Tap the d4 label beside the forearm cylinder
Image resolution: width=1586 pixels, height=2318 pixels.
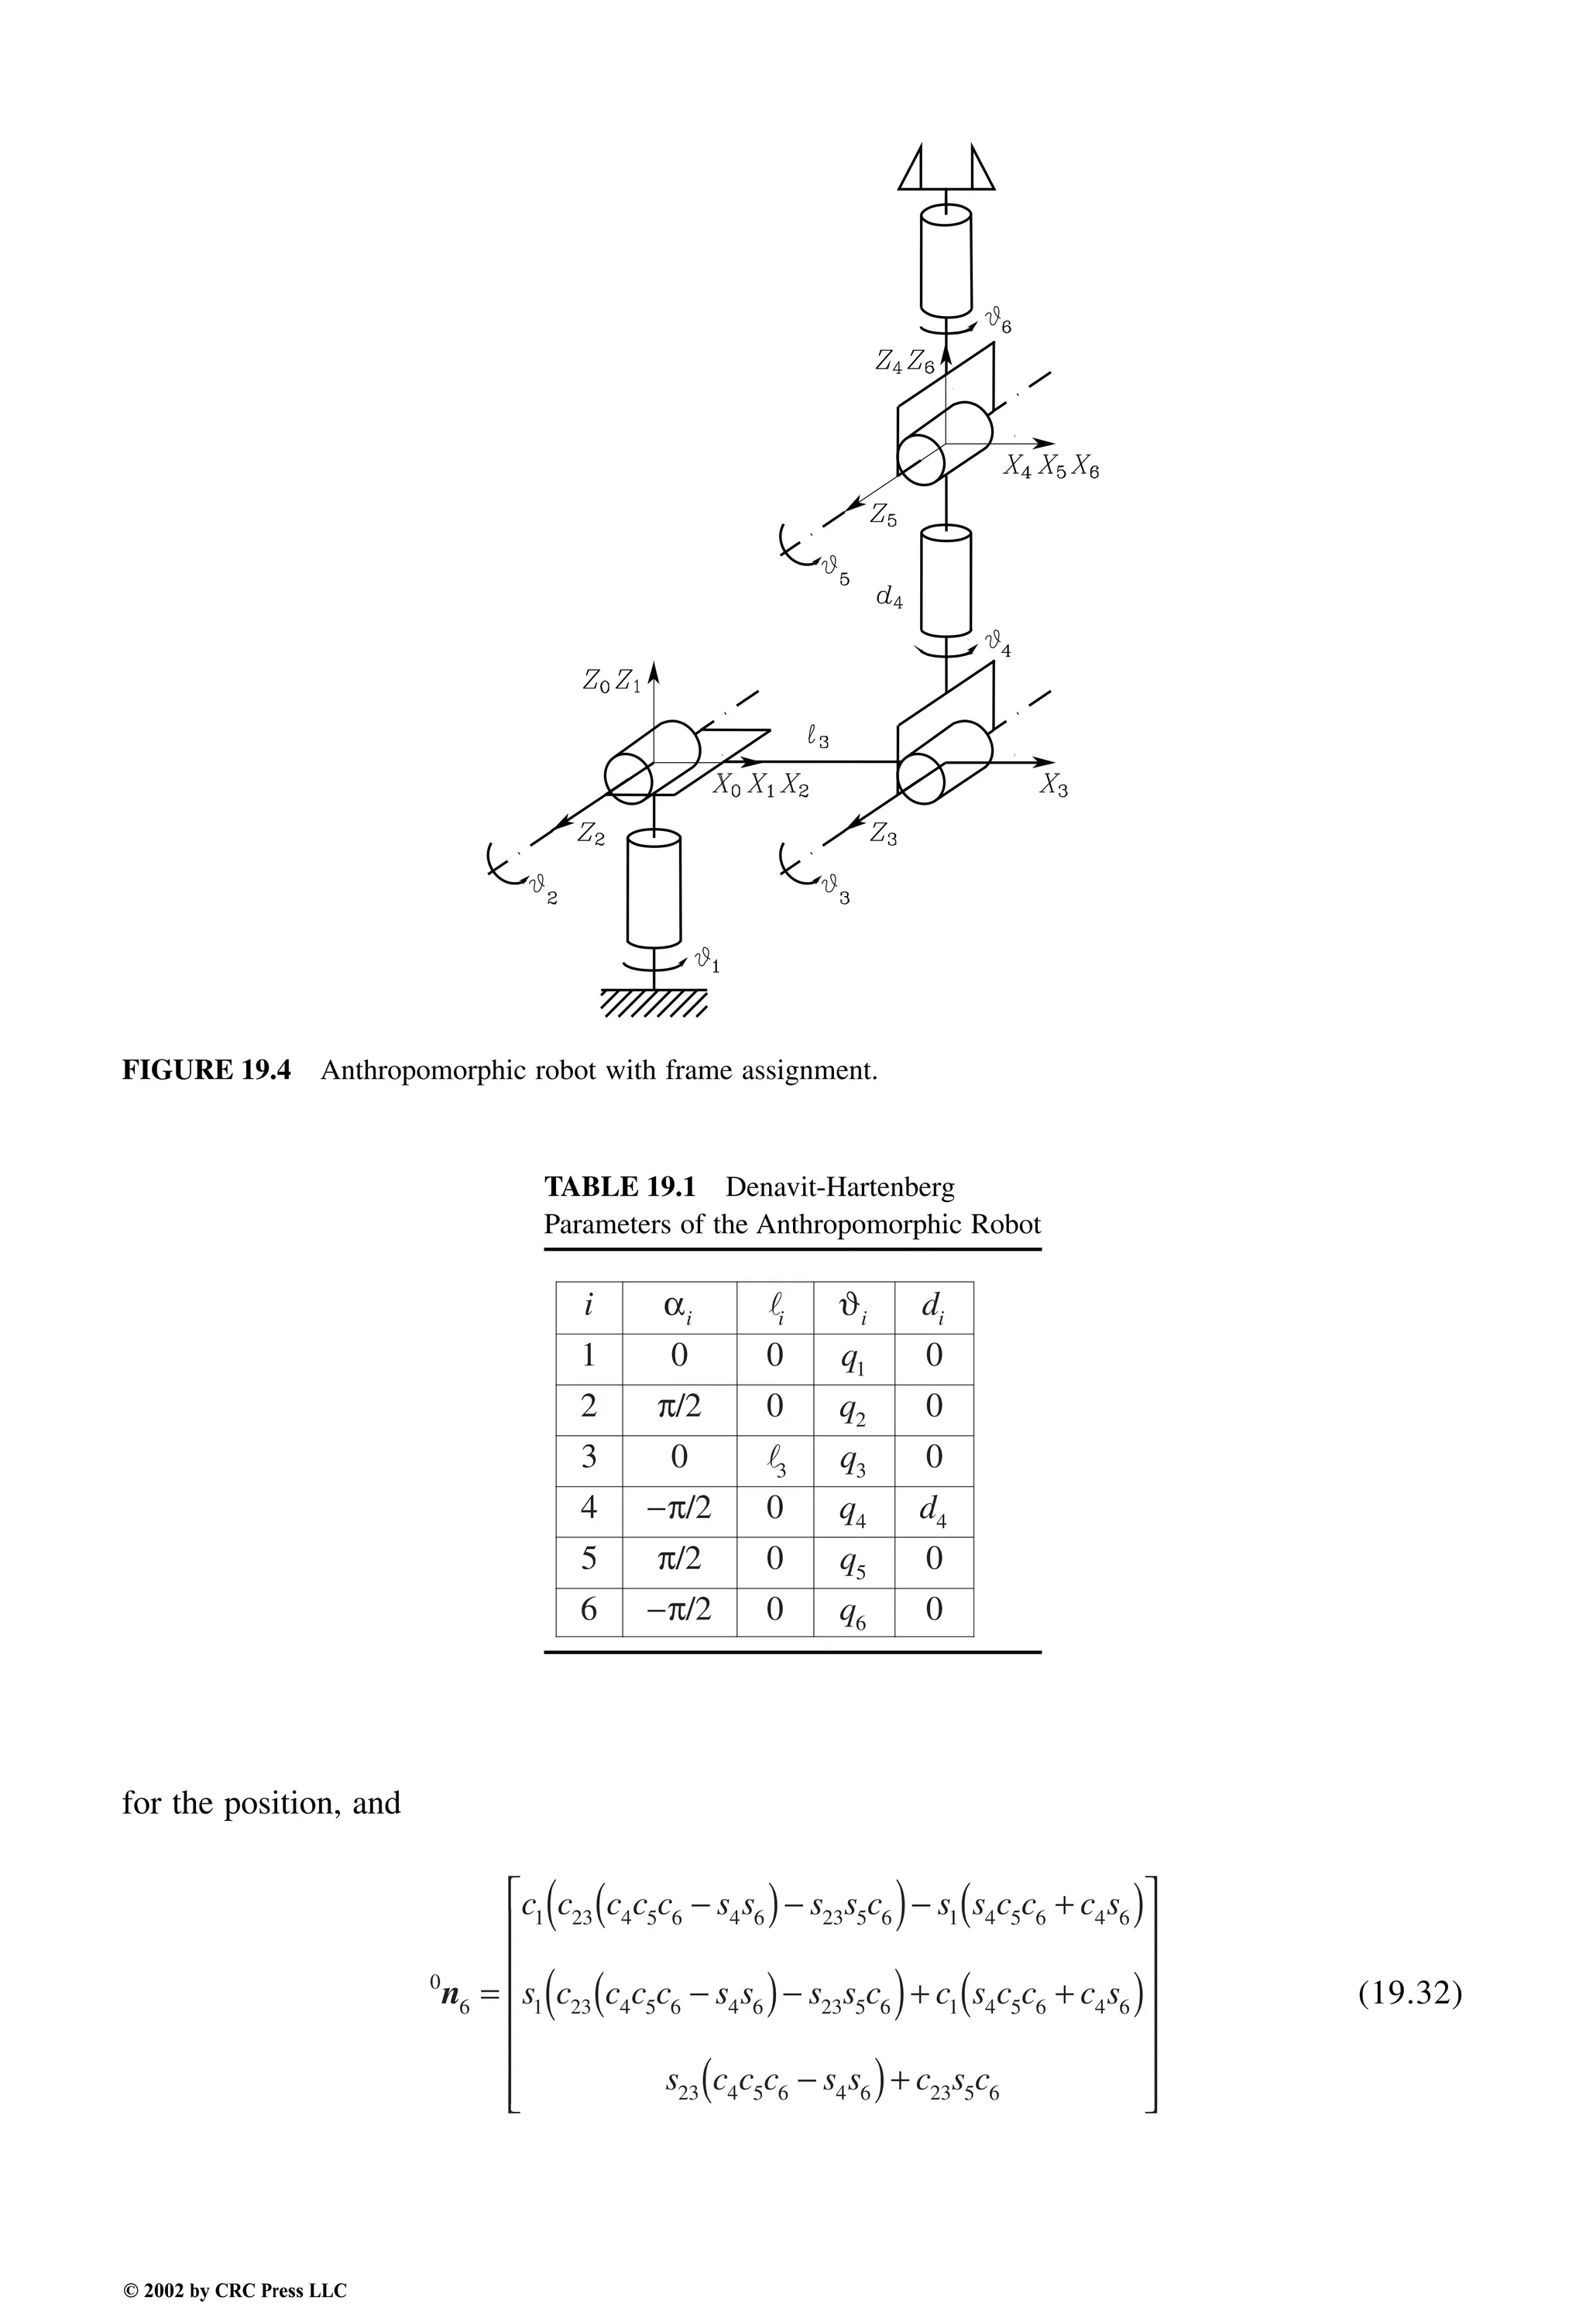click(889, 599)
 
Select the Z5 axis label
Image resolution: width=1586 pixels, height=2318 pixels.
click(883, 516)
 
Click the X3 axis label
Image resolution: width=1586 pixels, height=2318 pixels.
click(1053, 786)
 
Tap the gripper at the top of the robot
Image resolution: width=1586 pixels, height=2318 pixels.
click(946, 167)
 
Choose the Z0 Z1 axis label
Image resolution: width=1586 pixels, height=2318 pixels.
click(612, 682)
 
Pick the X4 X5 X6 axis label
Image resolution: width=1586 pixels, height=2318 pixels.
click(1050, 467)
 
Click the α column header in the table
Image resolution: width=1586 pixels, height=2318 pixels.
click(678, 1307)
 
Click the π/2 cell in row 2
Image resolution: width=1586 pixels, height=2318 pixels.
click(678, 1408)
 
